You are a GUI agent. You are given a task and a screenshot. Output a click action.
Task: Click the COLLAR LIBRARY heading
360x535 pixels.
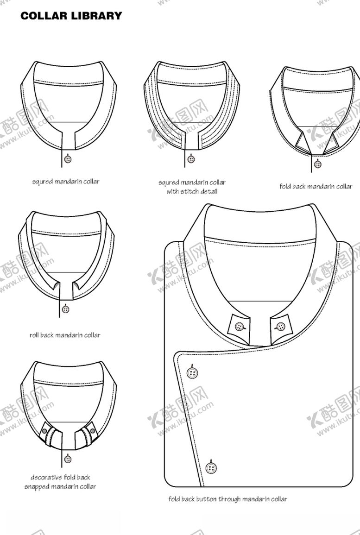point(71,16)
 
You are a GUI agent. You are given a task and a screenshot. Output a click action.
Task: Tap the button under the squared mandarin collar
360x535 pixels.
point(68,159)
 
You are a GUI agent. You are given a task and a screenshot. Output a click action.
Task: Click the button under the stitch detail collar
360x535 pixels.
point(191,159)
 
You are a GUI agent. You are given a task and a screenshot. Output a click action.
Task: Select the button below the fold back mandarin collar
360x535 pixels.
point(318,164)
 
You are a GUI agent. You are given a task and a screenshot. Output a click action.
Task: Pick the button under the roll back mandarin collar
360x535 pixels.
point(66,309)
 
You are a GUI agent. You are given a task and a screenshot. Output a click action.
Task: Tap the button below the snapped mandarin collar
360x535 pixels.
point(68,459)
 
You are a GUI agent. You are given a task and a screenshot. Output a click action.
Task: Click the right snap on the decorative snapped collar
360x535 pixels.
point(93,431)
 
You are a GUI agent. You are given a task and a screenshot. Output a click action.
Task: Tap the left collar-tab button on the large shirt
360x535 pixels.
point(240,327)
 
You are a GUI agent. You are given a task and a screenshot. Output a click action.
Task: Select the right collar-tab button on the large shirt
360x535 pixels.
point(280,327)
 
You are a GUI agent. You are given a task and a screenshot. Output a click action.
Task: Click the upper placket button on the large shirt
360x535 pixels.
point(192,372)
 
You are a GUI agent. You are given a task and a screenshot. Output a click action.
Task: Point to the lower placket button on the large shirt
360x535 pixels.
point(212,467)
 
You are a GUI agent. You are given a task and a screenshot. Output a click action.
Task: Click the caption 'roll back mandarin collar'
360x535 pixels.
point(65,335)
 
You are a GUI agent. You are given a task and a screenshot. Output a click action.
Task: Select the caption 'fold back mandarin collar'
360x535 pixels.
point(316,186)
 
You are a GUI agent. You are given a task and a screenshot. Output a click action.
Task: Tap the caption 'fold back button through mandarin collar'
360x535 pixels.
point(228,499)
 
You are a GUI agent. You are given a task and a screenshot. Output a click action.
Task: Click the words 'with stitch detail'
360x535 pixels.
point(192,191)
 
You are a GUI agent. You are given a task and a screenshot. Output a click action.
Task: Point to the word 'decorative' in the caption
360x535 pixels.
point(46,478)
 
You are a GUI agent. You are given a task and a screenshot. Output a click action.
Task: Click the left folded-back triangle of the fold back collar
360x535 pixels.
point(302,141)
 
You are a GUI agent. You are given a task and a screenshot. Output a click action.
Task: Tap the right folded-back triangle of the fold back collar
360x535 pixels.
point(330,141)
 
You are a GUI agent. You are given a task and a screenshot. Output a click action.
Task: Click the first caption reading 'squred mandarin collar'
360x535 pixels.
point(66,182)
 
